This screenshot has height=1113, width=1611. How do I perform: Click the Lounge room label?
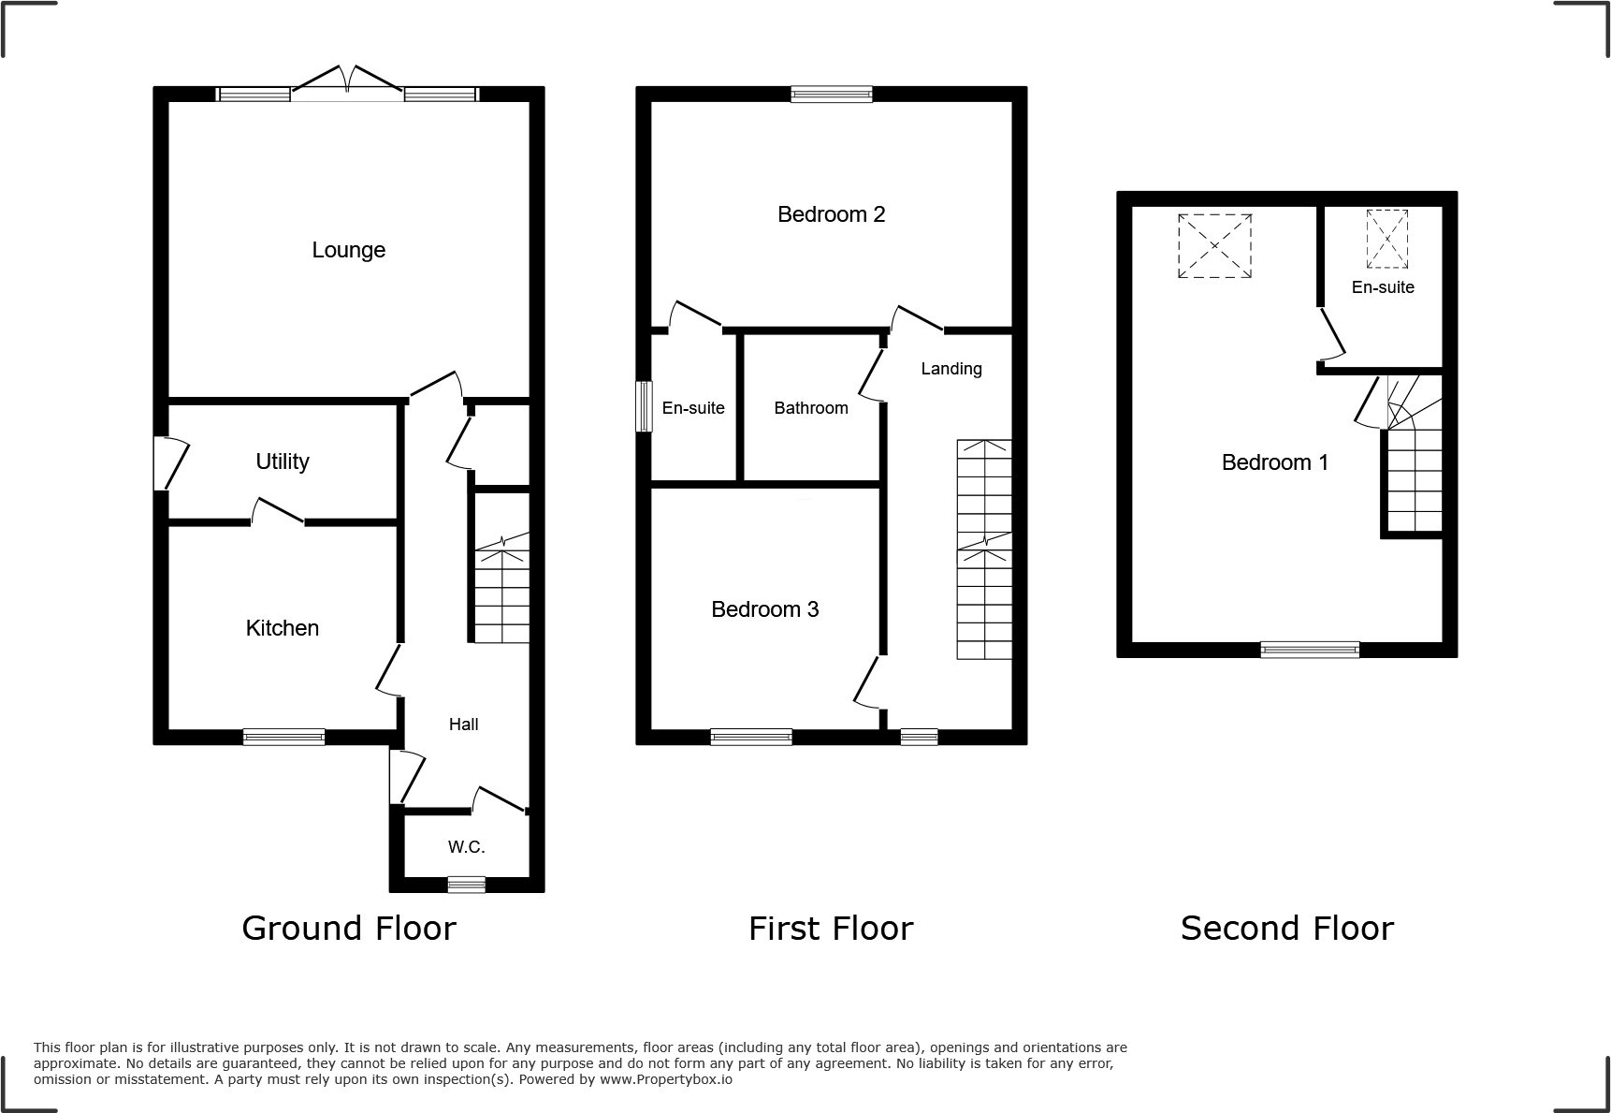click(348, 250)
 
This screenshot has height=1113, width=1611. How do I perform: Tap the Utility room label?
click(282, 461)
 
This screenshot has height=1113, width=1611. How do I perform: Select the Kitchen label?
click(282, 628)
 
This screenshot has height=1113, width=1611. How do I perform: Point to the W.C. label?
click(466, 847)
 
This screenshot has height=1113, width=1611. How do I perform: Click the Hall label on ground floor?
click(463, 724)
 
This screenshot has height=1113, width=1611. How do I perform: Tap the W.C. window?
click(466, 884)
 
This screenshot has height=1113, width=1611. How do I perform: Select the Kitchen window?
click(283, 737)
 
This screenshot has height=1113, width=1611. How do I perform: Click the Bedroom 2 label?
click(831, 214)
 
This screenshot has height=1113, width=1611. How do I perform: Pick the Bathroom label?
click(810, 408)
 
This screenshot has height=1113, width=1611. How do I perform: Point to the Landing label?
click(951, 369)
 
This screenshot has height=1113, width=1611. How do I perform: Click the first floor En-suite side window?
click(644, 406)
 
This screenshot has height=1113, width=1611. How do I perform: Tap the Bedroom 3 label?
click(764, 609)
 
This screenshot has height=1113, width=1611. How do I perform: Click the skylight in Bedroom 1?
click(1213, 245)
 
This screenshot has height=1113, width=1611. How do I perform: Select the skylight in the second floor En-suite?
click(1386, 239)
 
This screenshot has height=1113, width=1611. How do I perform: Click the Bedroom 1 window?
click(1309, 650)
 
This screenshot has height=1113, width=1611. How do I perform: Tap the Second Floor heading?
click(1286, 928)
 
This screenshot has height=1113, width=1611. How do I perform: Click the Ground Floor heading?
click(348, 928)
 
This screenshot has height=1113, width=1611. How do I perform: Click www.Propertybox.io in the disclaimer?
click(666, 1079)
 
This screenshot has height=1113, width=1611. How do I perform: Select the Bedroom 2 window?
click(831, 94)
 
